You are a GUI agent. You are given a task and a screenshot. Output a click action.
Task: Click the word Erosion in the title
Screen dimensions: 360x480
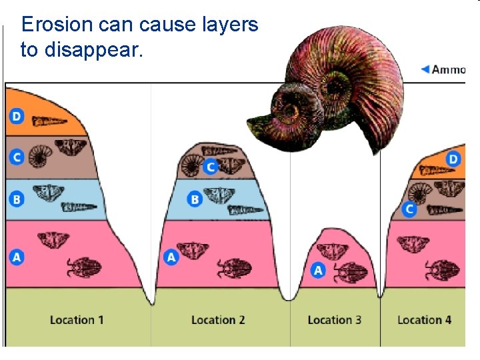click(56, 25)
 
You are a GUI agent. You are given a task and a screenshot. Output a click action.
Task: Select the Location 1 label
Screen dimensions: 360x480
click(77, 320)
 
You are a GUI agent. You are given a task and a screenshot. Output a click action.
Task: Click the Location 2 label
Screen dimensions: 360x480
click(218, 320)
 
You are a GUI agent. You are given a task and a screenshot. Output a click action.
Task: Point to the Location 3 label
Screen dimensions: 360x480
click(334, 320)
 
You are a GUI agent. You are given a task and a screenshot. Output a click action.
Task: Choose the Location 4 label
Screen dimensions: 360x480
click(424, 320)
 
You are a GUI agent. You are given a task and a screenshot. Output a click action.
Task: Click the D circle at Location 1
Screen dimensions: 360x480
click(17, 117)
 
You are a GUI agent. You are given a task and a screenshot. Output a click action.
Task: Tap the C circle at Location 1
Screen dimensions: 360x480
click(17, 157)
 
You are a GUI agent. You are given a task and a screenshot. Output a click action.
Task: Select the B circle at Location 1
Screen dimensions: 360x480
click(17, 199)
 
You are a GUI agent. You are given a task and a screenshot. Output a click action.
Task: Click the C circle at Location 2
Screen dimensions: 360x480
click(211, 167)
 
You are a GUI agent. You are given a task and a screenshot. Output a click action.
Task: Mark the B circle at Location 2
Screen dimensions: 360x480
click(195, 199)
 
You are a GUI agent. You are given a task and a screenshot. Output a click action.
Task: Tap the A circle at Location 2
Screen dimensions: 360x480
click(171, 257)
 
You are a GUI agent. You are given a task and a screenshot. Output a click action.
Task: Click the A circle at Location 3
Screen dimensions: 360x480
click(318, 271)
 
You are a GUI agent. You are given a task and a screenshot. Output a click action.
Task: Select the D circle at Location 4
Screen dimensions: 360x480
click(453, 159)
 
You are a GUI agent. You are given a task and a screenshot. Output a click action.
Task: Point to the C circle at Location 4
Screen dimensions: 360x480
click(409, 209)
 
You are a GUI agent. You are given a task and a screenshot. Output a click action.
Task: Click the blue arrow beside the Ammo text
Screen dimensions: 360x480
click(425, 69)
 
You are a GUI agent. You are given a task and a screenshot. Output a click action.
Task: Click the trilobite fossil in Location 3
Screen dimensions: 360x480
click(347, 273)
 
